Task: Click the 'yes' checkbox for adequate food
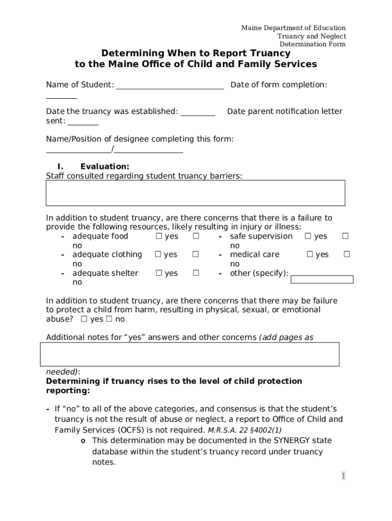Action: point(158,237)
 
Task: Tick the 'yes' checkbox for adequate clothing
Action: point(158,255)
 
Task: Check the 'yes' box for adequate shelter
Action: point(158,274)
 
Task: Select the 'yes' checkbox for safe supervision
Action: point(307,237)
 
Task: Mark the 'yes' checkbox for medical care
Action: point(309,255)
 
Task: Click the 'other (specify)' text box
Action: point(322,279)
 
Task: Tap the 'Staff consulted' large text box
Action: point(195,193)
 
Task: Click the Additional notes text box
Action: point(190,354)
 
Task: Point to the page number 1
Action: point(343,476)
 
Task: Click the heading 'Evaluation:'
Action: point(104,166)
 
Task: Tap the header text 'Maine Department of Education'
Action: point(293,28)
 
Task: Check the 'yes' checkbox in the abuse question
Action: point(85,320)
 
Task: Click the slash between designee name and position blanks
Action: point(113,149)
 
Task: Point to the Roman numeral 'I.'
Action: point(60,166)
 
